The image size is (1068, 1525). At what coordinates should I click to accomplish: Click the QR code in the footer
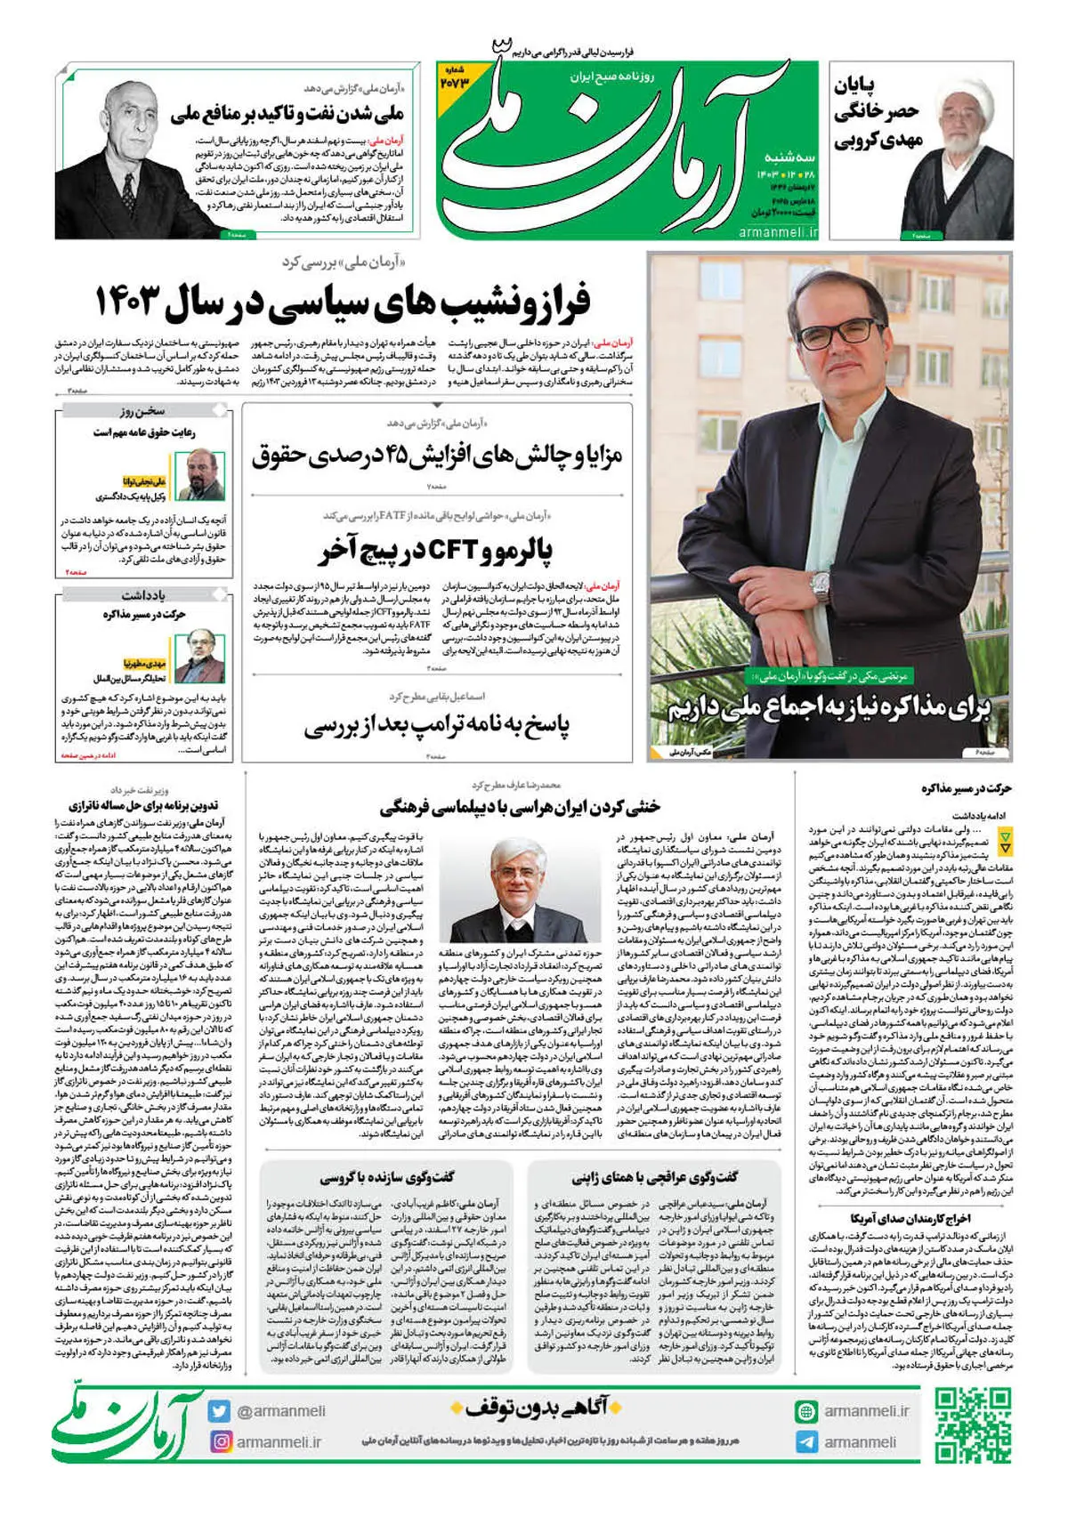click(972, 1425)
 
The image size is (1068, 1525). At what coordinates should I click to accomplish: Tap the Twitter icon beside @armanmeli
click(220, 1411)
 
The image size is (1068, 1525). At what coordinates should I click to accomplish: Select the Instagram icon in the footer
click(220, 1441)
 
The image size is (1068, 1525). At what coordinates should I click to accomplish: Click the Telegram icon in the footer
click(806, 1442)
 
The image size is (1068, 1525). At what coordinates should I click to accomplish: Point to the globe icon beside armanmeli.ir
click(806, 1411)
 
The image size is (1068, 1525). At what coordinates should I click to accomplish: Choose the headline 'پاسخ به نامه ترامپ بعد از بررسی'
click(436, 727)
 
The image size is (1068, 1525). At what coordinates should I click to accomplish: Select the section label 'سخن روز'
click(142, 411)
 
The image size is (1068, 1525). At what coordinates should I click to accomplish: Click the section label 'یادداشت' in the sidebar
click(142, 594)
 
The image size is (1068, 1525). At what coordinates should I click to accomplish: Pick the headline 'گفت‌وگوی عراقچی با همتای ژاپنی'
click(655, 1177)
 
